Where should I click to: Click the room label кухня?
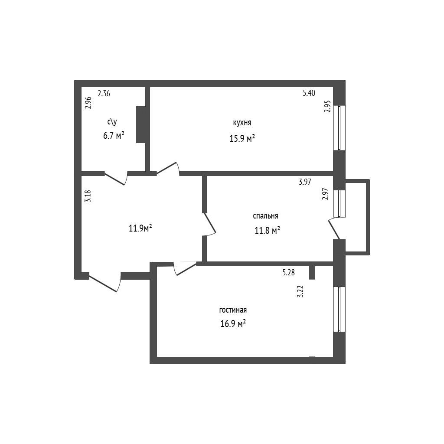(242, 123)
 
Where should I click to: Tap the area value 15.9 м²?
(242, 138)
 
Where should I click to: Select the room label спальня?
(266, 216)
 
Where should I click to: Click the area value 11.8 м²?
(267, 230)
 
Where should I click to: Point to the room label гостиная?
(233, 310)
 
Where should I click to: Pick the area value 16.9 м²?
(233, 323)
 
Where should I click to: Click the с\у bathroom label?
(112, 122)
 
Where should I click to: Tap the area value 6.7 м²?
(114, 135)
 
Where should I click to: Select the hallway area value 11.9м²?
(140, 228)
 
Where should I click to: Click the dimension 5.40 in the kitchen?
(309, 93)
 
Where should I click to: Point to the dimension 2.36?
(104, 94)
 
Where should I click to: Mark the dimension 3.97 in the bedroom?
(305, 182)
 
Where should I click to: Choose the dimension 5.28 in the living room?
(288, 273)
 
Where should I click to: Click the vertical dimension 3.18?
(88, 196)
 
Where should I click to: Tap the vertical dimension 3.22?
(300, 291)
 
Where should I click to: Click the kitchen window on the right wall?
(339, 128)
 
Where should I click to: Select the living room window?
(339, 309)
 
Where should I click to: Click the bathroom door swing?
(116, 178)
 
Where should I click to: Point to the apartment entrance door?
(105, 282)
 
